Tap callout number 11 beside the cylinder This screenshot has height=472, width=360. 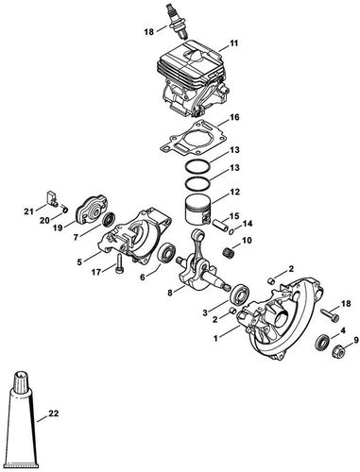[x=234, y=43]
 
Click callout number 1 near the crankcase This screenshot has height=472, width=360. [x=218, y=334]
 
